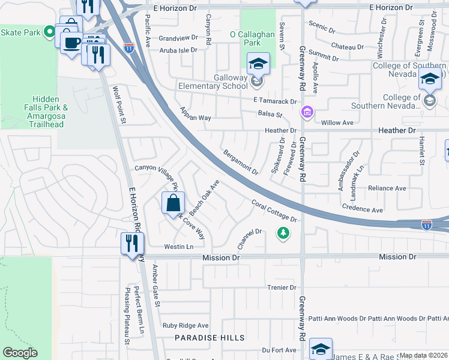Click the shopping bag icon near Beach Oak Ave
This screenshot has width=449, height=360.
tap(173, 202)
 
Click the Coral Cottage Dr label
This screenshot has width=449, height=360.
tap(274, 211)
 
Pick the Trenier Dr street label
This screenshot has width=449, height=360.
tap(282, 287)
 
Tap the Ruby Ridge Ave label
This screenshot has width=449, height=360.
tap(185, 325)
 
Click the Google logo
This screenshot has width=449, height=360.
tap(20, 353)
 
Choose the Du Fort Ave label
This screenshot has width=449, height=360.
tap(279, 350)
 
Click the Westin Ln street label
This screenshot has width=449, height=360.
tap(179, 247)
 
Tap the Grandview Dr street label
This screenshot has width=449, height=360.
tap(178, 38)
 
